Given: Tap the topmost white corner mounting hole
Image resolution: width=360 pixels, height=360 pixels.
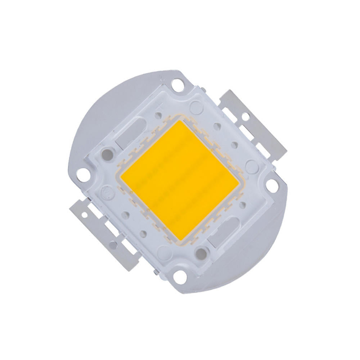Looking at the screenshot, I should click(x=177, y=86).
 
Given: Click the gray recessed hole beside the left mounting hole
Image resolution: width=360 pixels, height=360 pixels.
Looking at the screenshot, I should click(x=107, y=153).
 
